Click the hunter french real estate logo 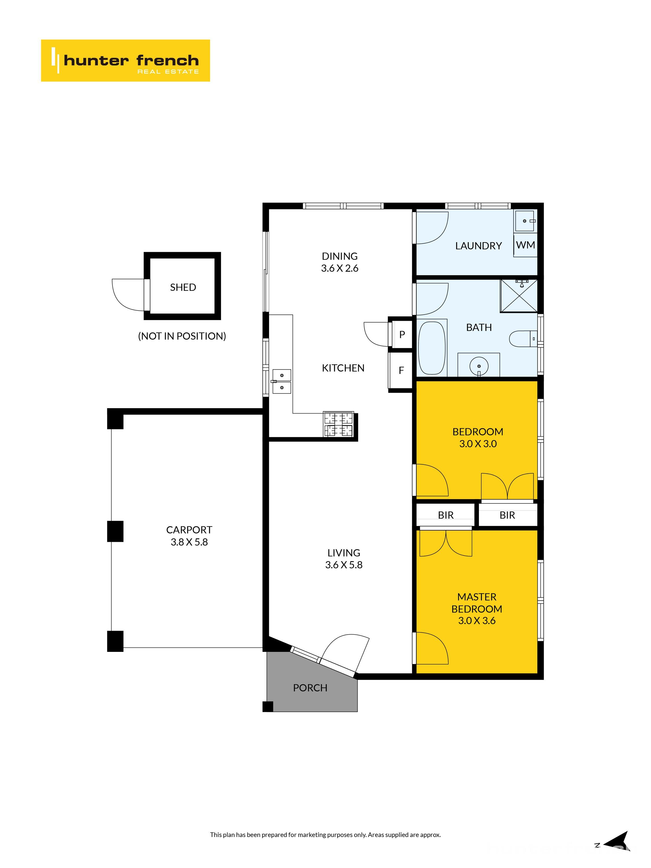click(x=125, y=60)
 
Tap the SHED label click(x=183, y=287)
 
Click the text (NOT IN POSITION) click(x=182, y=336)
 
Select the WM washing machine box click(x=525, y=245)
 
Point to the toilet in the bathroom click(x=522, y=338)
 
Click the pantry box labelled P click(x=402, y=334)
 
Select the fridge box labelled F click(x=401, y=370)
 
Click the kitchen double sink click(x=282, y=381)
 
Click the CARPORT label click(x=189, y=530)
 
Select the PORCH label click(x=310, y=688)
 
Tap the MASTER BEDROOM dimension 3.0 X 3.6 click(x=477, y=620)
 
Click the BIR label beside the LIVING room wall click(x=445, y=515)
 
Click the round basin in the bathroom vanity click(x=479, y=366)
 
